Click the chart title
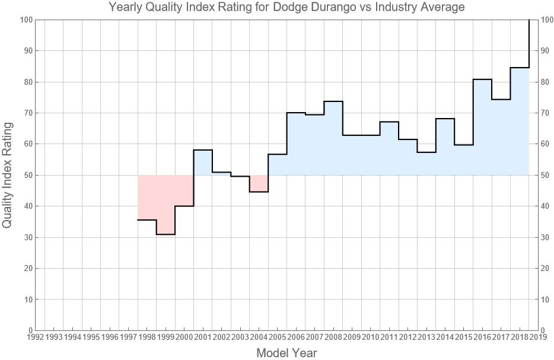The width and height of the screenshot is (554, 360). pyautogui.click(x=286, y=8)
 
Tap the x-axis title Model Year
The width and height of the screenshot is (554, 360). pyautogui.click(x=286, y=353)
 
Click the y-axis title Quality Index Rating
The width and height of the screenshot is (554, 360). pyautogui.click(x=8, y=175)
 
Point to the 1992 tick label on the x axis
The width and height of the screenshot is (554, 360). pyautogui.click(x=35, y=337)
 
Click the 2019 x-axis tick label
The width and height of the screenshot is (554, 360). pyautogui.click(x=539, y=337)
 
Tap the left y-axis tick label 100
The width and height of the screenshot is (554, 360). pyautogui.click(x=25, y=20)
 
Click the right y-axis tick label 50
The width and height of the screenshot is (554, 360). pyautogui.click(x=547, y=176)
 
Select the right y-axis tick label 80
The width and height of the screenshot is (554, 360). pyautogui.click(x=547, y=82)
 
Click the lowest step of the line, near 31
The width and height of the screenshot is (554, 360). pyautogui.click(x=165, y=234)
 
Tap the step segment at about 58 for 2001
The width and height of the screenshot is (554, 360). pyautogui.click(x=203, y=150)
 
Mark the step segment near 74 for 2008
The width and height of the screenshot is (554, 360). pyautogui.click(x=333, y=101)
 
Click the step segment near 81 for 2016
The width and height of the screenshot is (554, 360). pyautogui.click(x=482, y=79)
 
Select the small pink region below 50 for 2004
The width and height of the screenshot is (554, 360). pyautogui.click(x=259, y=183)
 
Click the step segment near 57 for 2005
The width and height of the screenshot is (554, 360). pyautogui.click(x=278, y=154)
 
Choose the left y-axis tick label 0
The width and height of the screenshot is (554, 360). pyautogui.click(x=29, y=330)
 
